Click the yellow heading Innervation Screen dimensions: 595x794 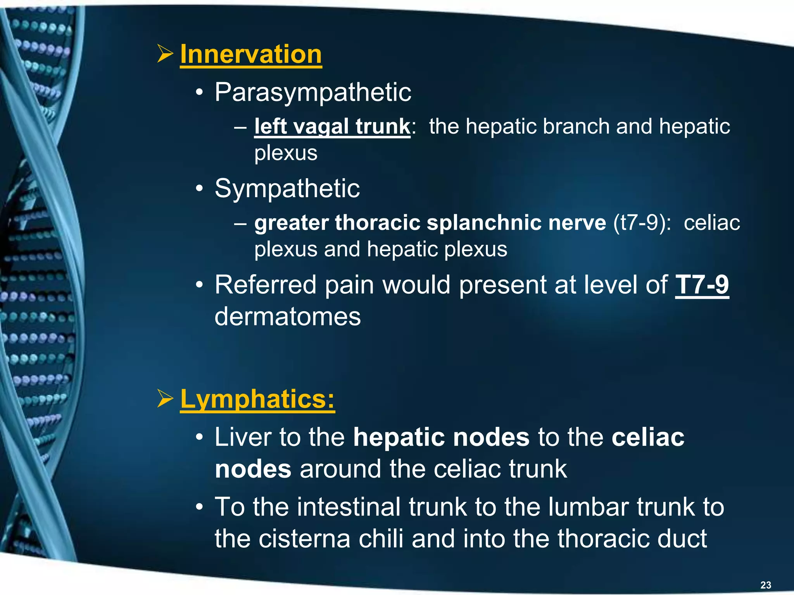click(x=251, y=54)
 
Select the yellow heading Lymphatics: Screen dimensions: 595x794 click(x=257, y=399)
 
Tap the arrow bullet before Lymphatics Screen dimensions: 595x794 click(x=165, y=399)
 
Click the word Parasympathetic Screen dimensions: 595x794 click(x=312, y=93)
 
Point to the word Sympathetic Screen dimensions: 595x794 click(x=287, y=189)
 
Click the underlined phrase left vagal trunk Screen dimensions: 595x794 click(x=332, y=127)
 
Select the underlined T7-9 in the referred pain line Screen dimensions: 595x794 click(x=702, y=285)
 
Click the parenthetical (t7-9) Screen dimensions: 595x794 click(x=642, y=223)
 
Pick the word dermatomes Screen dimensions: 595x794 click(x=287, y=317)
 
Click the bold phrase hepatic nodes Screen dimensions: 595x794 click(x=441, y=437)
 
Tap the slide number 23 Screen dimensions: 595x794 click(x=766, y=585)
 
